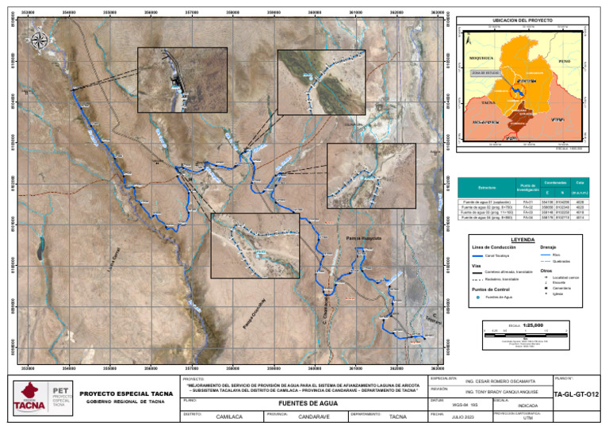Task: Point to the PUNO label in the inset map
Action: (x=564, y=61)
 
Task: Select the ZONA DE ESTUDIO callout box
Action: (x=483, y=72)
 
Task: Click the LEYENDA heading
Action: (x=524, y=238)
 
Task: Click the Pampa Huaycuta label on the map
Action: (x=364, y=238)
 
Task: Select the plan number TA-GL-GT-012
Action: (x=576, y=394)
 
